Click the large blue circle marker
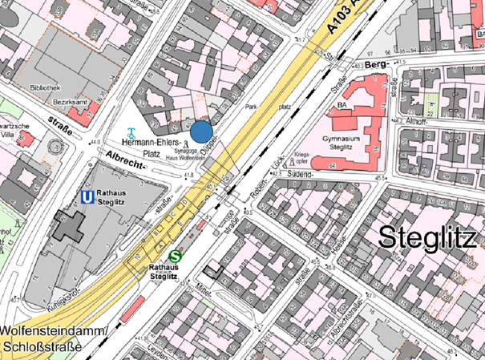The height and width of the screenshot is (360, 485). point(201,130)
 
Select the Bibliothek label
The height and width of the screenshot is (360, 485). point(44,87)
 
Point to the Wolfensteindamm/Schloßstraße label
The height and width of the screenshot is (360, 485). point(48,338)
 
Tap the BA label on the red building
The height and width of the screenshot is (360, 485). point(342,105)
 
